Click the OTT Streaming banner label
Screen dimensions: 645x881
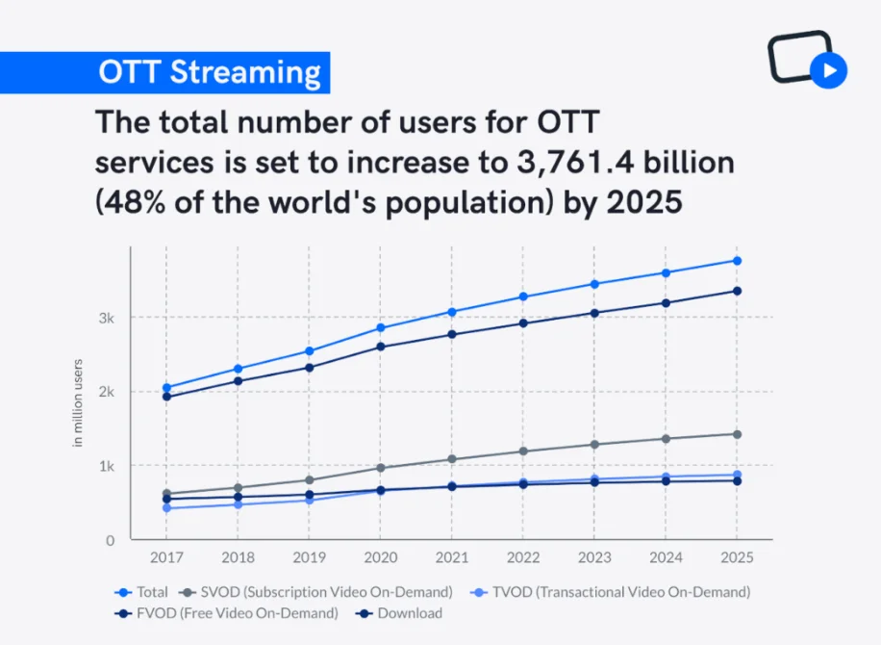click(210, 73)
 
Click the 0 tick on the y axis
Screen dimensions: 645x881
click(110, 540)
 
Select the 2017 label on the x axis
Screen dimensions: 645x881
click(166, 558)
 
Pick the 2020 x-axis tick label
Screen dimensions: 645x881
click(380, 558)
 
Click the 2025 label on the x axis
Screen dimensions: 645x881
click(736, 558)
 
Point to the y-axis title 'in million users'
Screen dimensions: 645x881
click(79, 402)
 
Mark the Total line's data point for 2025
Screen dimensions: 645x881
click(736, 261)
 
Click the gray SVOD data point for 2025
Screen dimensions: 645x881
click(736, 434)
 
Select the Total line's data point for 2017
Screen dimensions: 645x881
click(166, 388)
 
